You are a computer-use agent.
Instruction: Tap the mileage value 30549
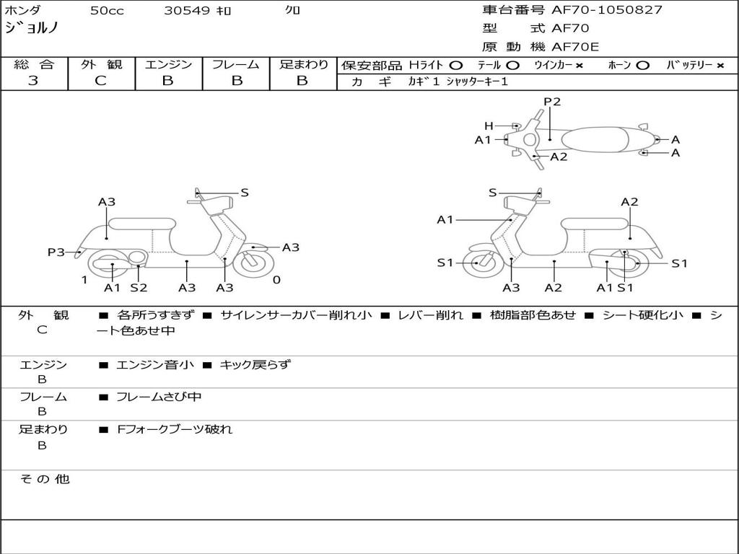click(x=187, y=11)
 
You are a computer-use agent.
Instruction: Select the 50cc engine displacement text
click(x=107, y=11)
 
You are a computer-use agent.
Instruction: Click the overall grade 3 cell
click(x=33, y=81)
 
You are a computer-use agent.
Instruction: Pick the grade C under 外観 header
click(x=100, y=81)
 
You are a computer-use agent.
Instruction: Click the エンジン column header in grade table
click(x=168, y=64)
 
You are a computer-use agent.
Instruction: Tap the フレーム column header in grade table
click(x=236, y=64)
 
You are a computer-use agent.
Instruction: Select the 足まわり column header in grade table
click(x=303, y=64)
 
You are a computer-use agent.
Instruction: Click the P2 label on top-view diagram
click(x=552, y=102)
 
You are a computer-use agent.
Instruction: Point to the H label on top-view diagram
click(x=489, y=126)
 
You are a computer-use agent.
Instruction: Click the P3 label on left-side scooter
click(x=56, y=252)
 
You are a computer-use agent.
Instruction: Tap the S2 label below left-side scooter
click(x=139, y=287)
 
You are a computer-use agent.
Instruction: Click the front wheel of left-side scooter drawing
click(x=254, y=263)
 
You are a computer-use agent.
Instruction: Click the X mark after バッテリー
click(x=720, y=65)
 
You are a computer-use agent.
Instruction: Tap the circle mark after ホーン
click(x=642, y=65)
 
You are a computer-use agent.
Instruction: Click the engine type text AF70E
click(x=575, y=47)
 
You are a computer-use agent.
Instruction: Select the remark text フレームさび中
click(x=159, y=397)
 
